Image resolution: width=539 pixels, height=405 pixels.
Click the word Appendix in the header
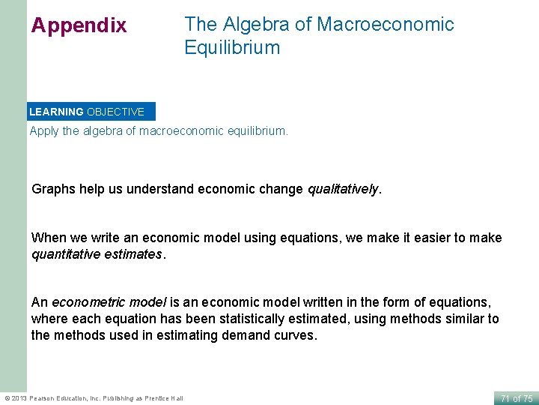coord(79,25)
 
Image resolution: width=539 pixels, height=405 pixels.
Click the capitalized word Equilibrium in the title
coord(232,48)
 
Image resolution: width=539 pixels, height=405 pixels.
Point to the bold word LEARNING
coord(56,112)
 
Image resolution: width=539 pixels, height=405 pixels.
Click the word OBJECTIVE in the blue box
coord(115,112)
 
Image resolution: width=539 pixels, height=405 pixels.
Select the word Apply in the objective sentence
coord(43,130)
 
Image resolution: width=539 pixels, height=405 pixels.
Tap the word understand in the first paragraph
coord(160,189)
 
